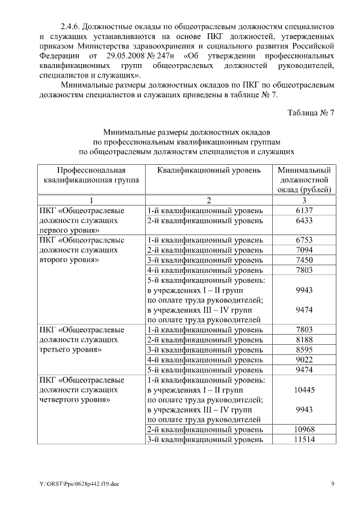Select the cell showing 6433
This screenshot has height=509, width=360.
(x=303, y=221)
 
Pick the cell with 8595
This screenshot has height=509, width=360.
(x=303, y=350)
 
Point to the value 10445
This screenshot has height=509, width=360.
(x=303, y=389)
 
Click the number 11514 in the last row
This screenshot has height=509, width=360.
(x=303, y=439)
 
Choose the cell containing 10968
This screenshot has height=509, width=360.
(x=303, y=430)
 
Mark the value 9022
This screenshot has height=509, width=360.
(x=303, y=360)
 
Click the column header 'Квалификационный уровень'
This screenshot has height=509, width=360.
(x=209, y=170)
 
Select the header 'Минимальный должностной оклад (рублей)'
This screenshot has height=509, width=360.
(x=304, y=179)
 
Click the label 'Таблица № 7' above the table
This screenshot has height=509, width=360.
(x=310, y=112)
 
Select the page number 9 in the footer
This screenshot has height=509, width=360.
(x=332, y=484)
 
